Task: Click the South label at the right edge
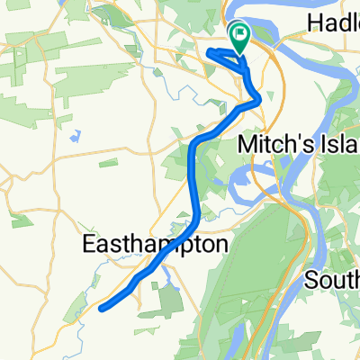(332, 282)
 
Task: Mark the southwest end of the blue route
(100, 308)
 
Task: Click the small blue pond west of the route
(73, 135)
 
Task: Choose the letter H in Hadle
(314, 22)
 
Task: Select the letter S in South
(311, 282)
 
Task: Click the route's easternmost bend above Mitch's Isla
(260, 98)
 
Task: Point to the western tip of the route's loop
(211, 52)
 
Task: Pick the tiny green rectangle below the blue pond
(107, 164)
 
